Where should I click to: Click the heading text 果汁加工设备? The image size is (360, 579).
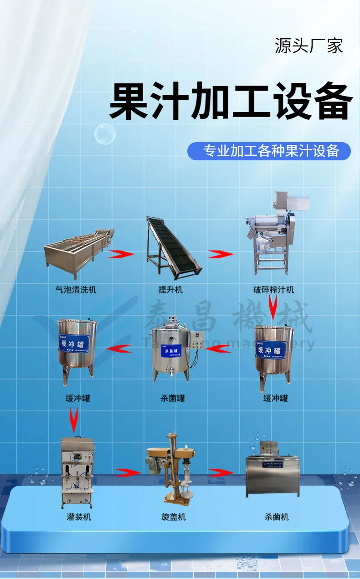point(231,101)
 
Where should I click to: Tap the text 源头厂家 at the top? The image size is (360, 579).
point(309,46)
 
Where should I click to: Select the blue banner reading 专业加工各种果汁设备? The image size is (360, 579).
point(269,151)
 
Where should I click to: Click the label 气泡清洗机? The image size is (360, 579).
point(76,289)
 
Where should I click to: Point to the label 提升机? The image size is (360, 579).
point(170,289)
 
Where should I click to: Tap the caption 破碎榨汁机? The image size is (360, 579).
point(274,289)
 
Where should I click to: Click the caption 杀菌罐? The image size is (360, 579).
point(173,398)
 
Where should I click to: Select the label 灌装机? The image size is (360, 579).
point(79,517)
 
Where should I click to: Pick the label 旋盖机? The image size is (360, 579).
point(173,517)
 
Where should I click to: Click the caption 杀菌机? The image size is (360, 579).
point(277,517)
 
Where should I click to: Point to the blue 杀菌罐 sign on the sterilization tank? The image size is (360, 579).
point(173,350)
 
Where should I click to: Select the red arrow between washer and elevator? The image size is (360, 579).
point(121,253)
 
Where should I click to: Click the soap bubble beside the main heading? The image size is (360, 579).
point(105,134)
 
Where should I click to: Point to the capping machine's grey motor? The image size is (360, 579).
point(154,461)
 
